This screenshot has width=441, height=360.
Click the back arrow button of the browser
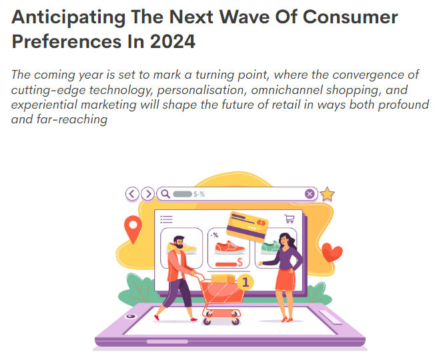tap(133, 194)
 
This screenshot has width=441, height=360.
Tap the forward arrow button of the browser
tap(147, 194)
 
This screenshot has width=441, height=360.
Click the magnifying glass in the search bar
tap(164, 194)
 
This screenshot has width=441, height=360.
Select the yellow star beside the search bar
tap(327, 194)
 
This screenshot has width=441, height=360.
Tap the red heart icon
tap(332, 253)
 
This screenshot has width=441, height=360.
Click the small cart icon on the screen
tap(290, 218)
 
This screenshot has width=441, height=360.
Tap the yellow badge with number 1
tap(246, 283)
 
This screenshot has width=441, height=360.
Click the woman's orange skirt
tap(285, 281)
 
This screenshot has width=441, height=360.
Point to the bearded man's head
tap(178, 242)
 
